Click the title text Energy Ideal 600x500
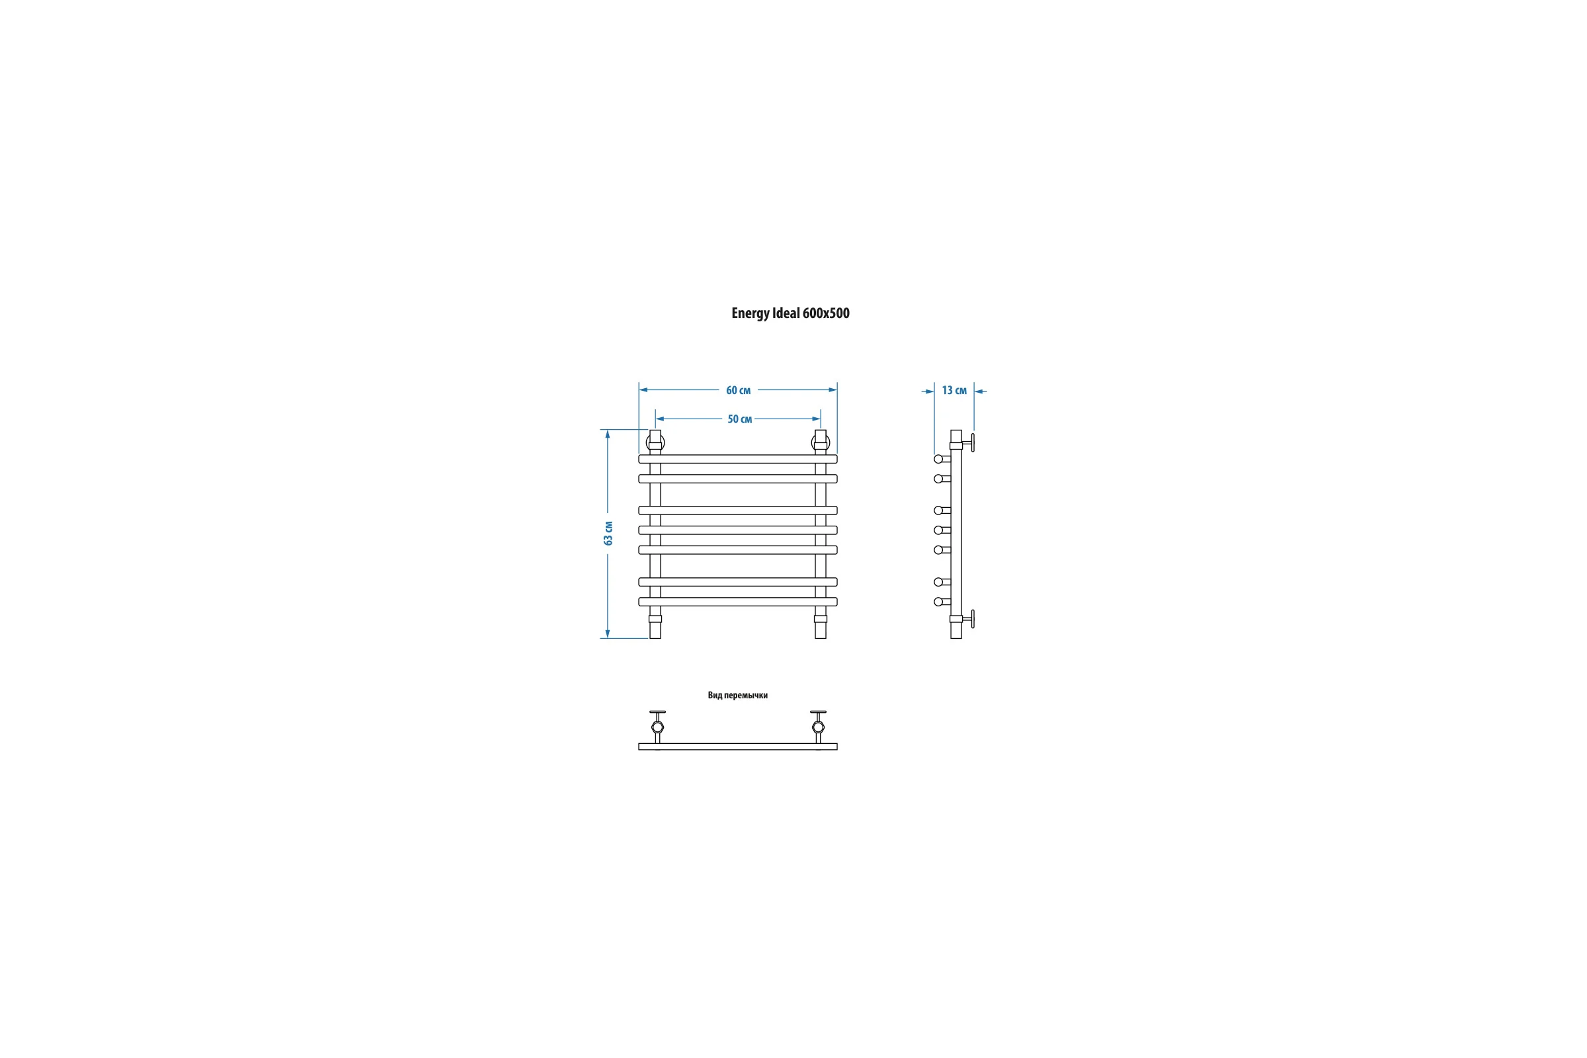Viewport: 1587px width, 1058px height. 790,313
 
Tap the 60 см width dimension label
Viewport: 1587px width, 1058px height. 738,390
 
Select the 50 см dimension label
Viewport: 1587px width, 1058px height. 739,419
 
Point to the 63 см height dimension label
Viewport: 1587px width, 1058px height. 608,533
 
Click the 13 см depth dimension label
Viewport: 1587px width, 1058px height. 954,390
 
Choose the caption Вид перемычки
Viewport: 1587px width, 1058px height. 737,695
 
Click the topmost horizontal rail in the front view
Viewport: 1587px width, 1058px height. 737,459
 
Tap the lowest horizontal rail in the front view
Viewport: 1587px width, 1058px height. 737,602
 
